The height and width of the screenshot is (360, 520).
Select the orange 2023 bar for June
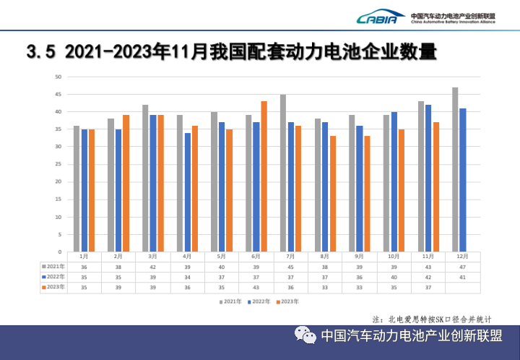tap(264, 176)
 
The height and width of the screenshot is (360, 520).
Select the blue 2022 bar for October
tap(394, 181)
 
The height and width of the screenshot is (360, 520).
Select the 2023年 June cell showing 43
tap(256, 287)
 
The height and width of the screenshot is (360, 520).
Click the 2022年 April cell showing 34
tap(187, 277)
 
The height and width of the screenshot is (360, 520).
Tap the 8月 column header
tap(324, 257)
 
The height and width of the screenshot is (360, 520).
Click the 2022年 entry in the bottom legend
tap(258, 301)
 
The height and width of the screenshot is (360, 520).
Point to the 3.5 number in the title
tap(40, 51)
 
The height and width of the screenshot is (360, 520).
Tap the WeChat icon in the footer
tap(304, 336)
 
